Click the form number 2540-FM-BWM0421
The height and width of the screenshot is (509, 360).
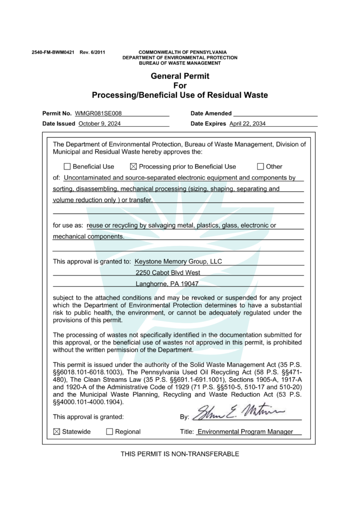[53, 52]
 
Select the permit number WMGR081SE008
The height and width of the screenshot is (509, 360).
[98, 113]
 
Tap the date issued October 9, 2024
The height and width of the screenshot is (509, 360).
[99, 124]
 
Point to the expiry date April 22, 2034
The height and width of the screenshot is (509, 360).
[248, 124]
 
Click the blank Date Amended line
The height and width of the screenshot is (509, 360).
[275, 113]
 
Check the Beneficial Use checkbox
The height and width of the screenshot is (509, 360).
[67, 167]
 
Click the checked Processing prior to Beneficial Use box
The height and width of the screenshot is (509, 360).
[133, 167]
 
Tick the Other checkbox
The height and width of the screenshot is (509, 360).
[260, 167]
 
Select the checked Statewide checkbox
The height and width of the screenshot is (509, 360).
[56, 431]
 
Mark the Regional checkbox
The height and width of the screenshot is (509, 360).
[109, 431]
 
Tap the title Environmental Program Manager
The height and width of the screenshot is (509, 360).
[245, 431]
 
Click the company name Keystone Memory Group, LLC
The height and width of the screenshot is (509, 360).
[179, 261]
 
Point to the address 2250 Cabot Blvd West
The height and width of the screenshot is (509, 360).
[168, 273]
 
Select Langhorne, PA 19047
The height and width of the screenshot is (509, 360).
[167, 284]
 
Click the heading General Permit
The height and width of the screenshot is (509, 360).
[180, 76]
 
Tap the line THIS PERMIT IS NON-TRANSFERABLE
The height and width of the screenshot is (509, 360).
[180, 454]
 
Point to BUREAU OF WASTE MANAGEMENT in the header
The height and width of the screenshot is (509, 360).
[180, 63]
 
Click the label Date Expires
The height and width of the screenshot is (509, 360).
[208, 124]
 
